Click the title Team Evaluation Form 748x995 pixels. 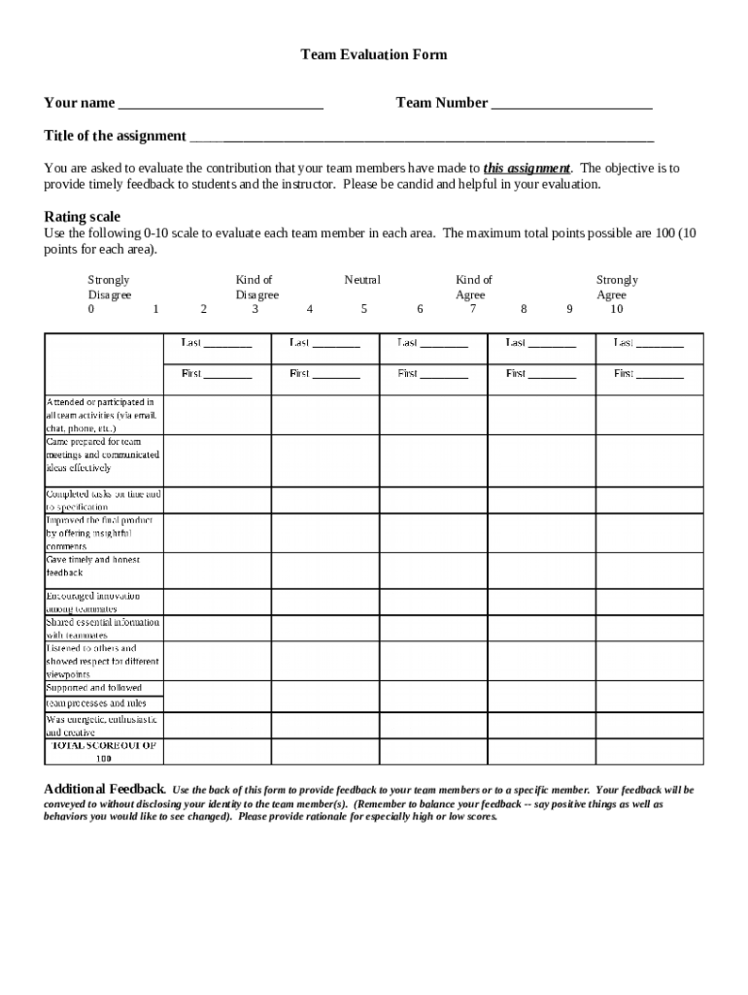tap(374, 55)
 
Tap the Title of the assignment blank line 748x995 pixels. tap(421, 137)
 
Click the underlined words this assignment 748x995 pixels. tap(527, 168)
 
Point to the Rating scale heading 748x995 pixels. tap(83, 217)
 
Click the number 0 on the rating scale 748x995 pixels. tap(91, 310)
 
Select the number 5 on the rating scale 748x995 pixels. tap(364, 310)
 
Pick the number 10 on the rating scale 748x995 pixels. tap(617, 310)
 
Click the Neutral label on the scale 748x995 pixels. tap(362, 280)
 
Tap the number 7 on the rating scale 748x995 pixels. tap(473, 310)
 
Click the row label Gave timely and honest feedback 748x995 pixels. tap(93, 566)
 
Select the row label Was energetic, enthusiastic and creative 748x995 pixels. tap(102, 726)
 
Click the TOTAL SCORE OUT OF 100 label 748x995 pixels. tap(104, 752)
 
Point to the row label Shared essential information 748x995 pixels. tap(103, 628)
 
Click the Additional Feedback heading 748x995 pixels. tap(104, 789)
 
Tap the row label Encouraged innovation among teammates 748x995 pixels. tap(93, 601)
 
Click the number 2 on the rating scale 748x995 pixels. tap(203, 310)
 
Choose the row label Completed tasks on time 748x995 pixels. tap(104, 499)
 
